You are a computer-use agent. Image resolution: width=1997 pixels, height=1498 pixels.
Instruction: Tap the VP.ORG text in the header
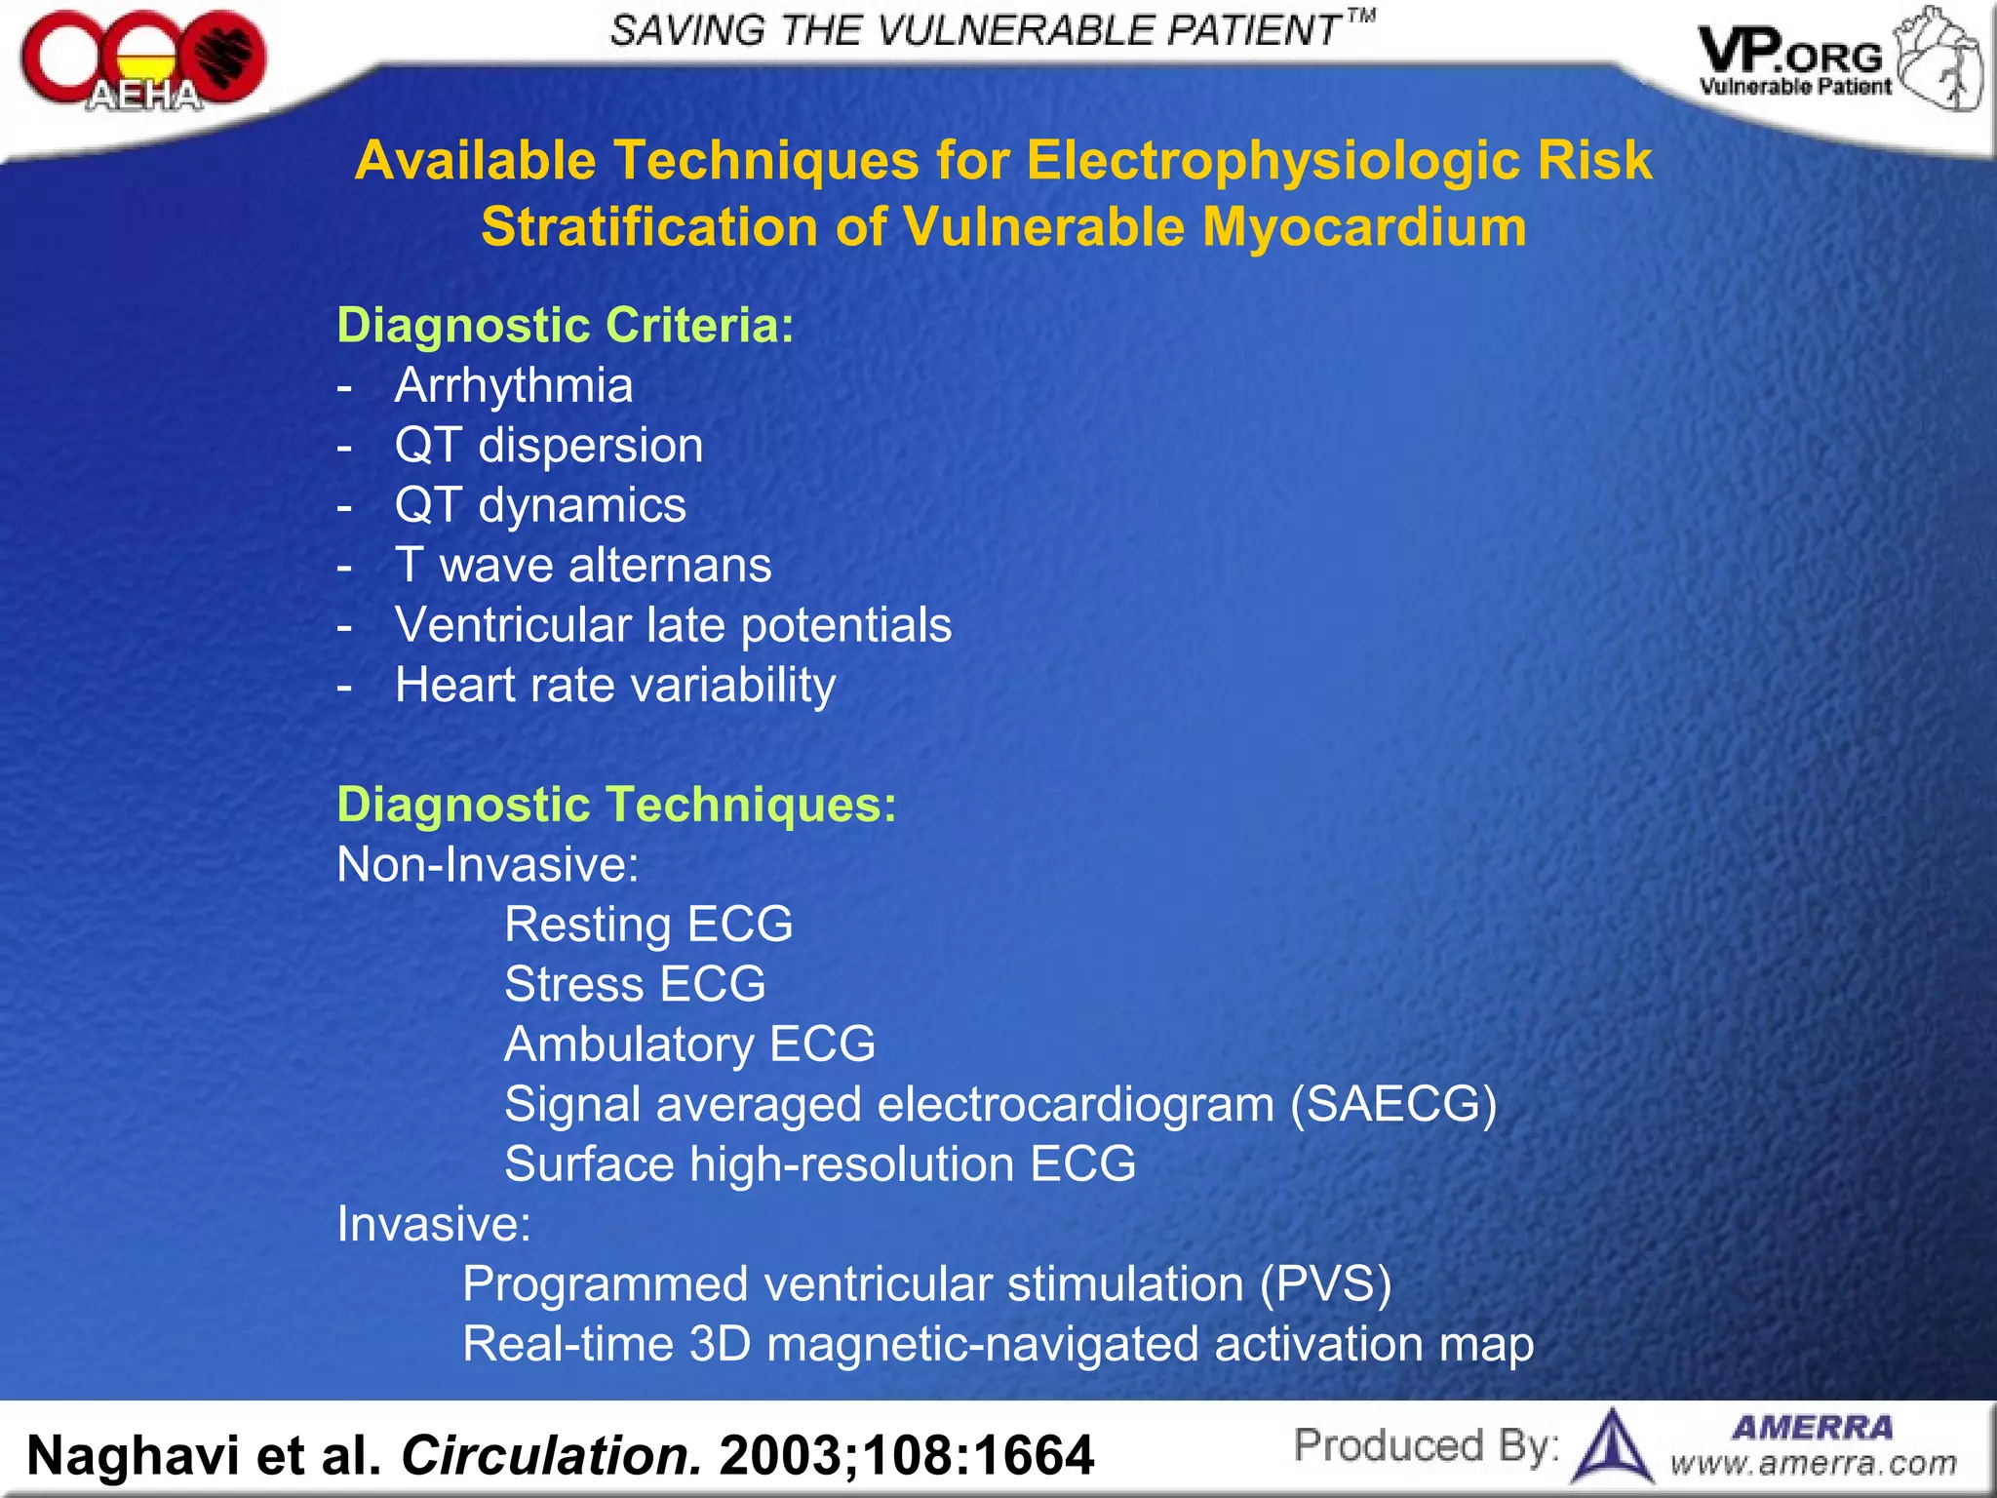1790,54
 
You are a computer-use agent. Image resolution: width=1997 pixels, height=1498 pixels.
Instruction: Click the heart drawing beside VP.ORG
1940,60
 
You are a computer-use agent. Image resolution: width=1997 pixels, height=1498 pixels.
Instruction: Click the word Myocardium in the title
1364,227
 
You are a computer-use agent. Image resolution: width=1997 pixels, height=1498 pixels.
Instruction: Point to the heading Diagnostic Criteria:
566,325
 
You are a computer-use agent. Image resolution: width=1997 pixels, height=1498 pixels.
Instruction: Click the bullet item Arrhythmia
513,385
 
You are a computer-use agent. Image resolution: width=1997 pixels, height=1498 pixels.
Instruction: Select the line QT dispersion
548,446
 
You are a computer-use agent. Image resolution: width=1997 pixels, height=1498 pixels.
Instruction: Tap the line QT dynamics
539,505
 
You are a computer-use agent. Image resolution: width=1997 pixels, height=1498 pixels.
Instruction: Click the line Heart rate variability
614,685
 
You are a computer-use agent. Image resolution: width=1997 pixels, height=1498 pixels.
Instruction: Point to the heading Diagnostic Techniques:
616,805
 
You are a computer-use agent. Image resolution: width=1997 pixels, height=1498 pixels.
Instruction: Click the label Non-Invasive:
488,865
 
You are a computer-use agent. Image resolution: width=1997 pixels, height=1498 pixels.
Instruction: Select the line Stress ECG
635,984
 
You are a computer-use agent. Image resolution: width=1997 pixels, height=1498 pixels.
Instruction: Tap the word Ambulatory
629,1045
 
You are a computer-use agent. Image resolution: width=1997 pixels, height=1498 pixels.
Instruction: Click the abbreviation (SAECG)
1393,1105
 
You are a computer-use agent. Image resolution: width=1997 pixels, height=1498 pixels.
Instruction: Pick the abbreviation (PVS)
1325,1284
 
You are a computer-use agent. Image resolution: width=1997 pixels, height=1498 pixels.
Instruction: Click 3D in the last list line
720,1344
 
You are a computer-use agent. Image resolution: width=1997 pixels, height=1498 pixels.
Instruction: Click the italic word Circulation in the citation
551,1455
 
